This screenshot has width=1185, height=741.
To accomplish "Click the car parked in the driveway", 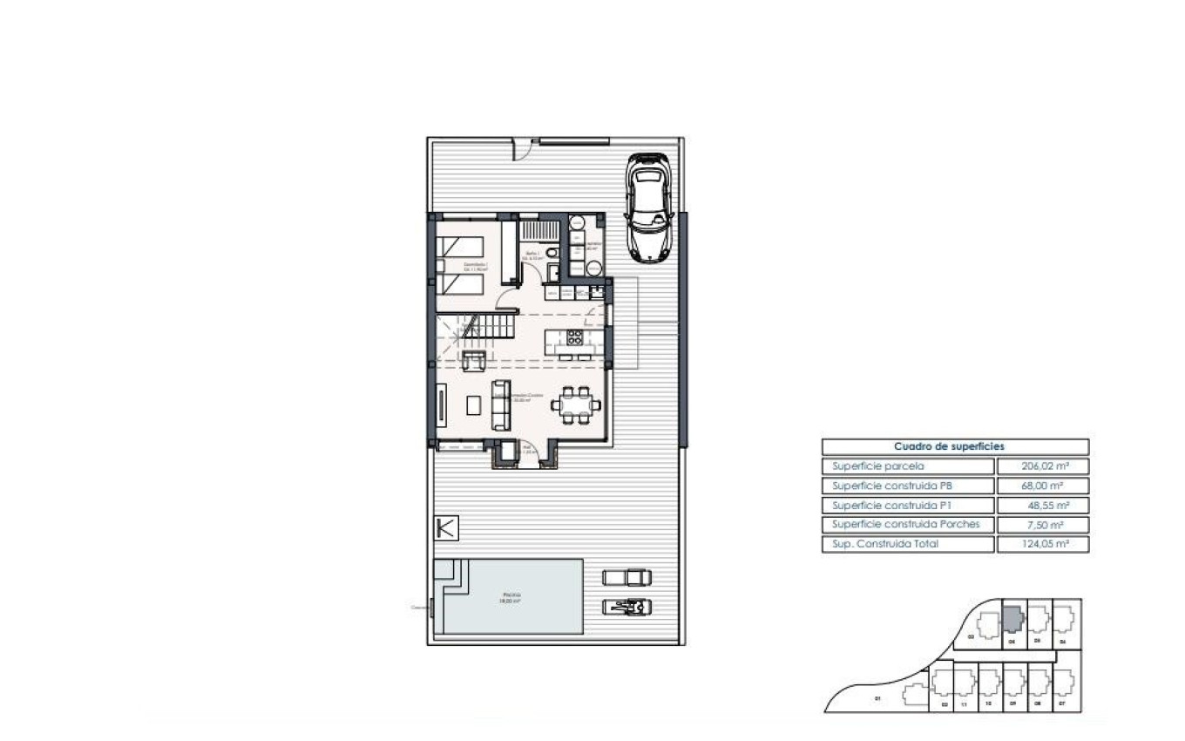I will point(649,207).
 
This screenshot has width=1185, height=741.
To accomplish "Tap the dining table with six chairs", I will point(579,404).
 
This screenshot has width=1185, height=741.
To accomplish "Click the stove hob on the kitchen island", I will point(575,337).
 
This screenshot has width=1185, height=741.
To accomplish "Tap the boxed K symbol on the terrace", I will point(446,528).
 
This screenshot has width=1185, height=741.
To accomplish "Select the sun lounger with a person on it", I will point(626,606).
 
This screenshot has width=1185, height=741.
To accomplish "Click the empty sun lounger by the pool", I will point(626,576).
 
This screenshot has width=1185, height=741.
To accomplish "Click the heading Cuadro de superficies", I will point(955,446).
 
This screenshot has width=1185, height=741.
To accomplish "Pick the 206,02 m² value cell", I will point(1042,466).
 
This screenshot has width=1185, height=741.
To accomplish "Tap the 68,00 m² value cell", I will point(1042,486).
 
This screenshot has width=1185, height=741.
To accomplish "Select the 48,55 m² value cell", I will point(1042,506).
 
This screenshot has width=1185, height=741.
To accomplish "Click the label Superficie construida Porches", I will point(905,525).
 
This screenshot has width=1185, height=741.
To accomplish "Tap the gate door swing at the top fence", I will point(521,152).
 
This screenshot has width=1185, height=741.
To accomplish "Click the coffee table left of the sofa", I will point(473,404).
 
